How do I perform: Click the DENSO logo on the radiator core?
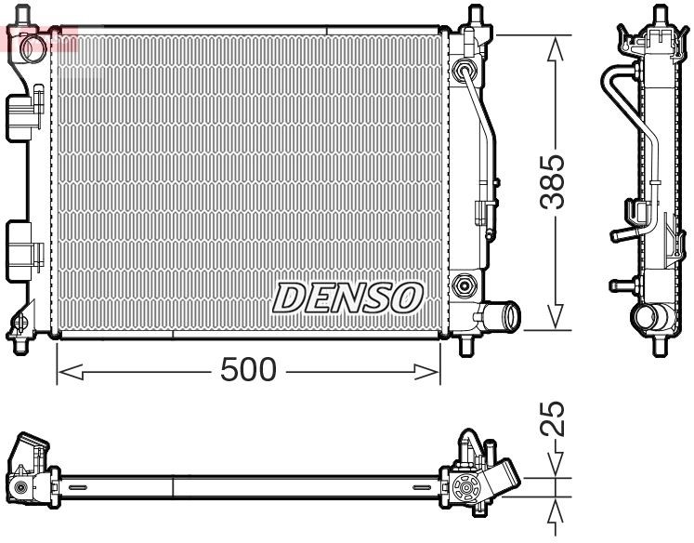click(347, 298)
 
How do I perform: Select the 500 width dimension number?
click(248, 371)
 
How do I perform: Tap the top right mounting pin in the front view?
click(476, 17)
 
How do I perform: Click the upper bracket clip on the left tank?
click(27, 111)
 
